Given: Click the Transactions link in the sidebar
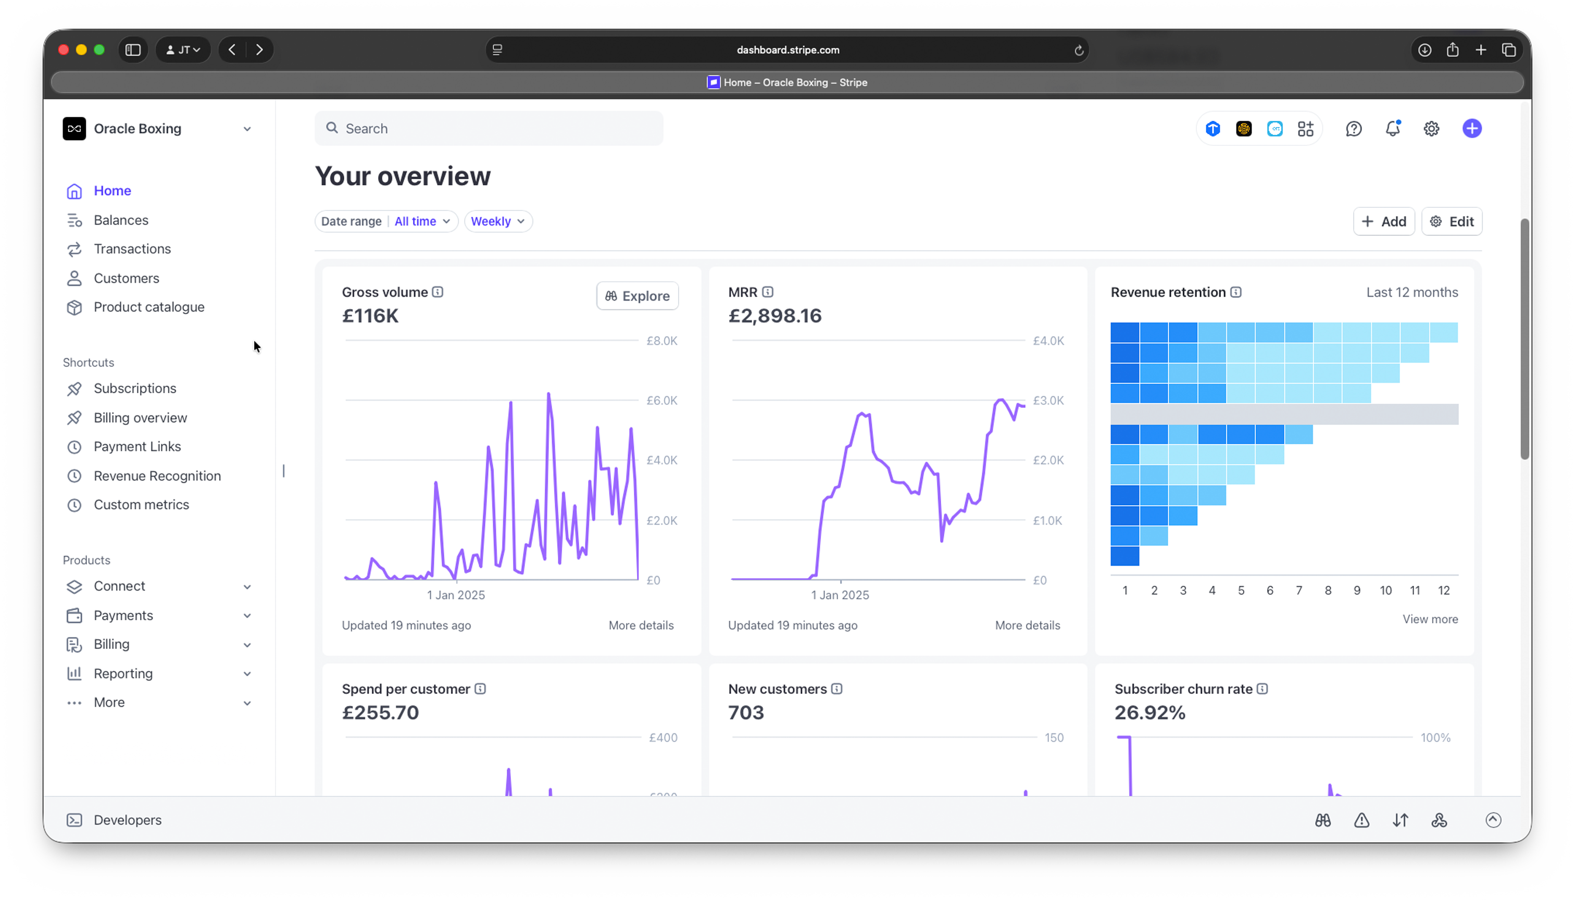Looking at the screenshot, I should pos(132,249).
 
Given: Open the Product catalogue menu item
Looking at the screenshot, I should pos(148,307).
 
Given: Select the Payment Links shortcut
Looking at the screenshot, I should pos(136,446).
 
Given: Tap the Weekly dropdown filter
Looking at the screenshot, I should pos(497,221).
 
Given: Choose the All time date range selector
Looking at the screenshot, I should pos(421,221).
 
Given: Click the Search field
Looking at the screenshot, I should pos(489,129).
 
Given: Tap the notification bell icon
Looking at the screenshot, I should pos(1392,129).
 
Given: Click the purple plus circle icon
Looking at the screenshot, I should pos(1472,129).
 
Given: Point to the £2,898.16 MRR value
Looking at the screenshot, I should pos(774,316).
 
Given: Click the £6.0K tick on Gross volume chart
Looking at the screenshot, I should pos(661,401).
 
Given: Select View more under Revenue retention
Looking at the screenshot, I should pos(1429,619).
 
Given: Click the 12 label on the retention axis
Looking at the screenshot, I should pos(1443,590).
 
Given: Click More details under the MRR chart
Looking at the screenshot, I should pos(1027,626).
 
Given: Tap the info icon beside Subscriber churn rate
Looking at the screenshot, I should pos(1262,689).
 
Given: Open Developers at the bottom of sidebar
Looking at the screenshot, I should pos(127,820).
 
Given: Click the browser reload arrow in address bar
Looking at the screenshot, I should pos(1079,50).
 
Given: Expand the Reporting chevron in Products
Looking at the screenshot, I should pos(247,674).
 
